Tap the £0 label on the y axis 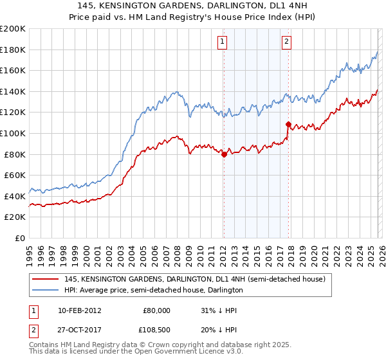[19, 238]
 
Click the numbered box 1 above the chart [222, 42]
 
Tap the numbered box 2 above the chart [286, 42]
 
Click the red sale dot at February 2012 [224, 154]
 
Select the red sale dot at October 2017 [288, 124]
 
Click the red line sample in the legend [45, 279]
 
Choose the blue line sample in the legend [45, 290]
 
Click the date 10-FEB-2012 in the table [84, 310]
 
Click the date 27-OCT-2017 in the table [84, 328]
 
